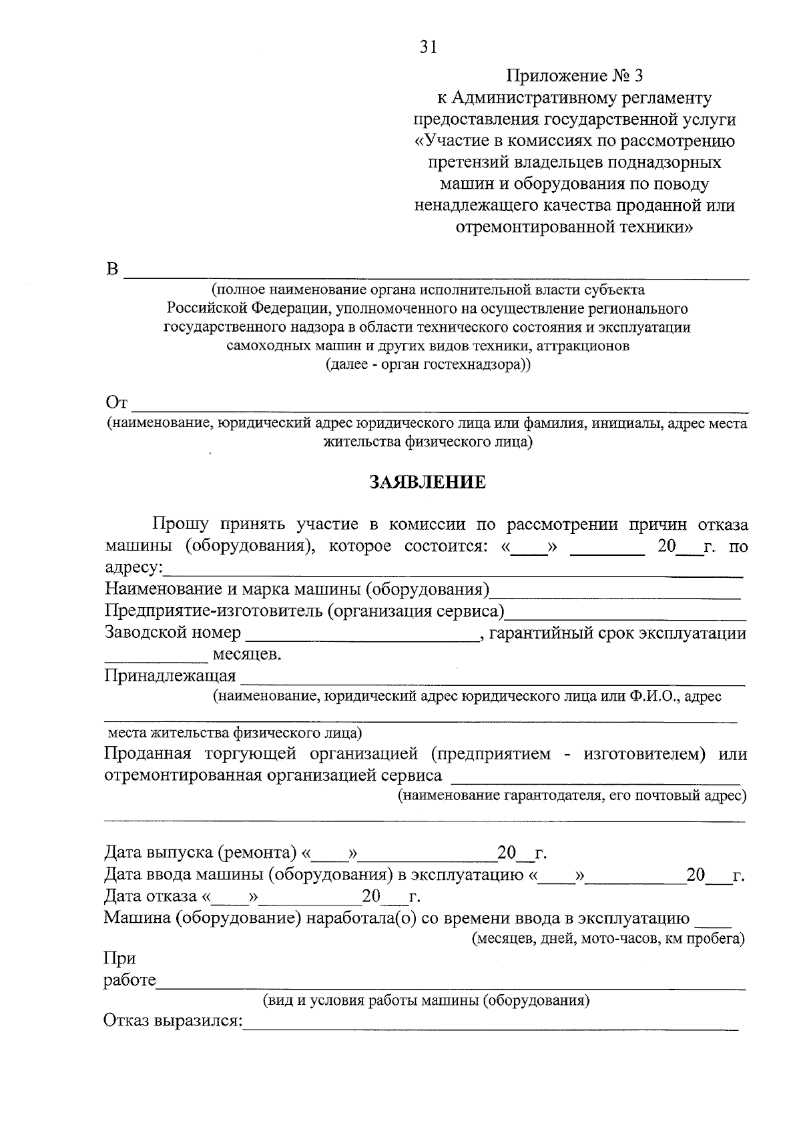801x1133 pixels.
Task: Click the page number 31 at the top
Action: pos(428,46)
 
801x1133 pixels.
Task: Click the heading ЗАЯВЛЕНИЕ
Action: pos(428,482)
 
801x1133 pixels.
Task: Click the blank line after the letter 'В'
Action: pos(437,274)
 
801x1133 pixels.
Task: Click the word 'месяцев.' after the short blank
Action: pos(246,655)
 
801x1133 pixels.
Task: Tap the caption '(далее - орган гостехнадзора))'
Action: pos(428,365)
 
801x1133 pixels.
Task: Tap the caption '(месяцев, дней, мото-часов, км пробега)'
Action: pos(608,939)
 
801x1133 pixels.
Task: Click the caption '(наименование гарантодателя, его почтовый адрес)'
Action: pos(572,795)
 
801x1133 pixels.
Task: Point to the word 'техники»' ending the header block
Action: pos(655,227)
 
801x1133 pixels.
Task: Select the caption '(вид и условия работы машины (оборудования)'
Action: pos(426,1001)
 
